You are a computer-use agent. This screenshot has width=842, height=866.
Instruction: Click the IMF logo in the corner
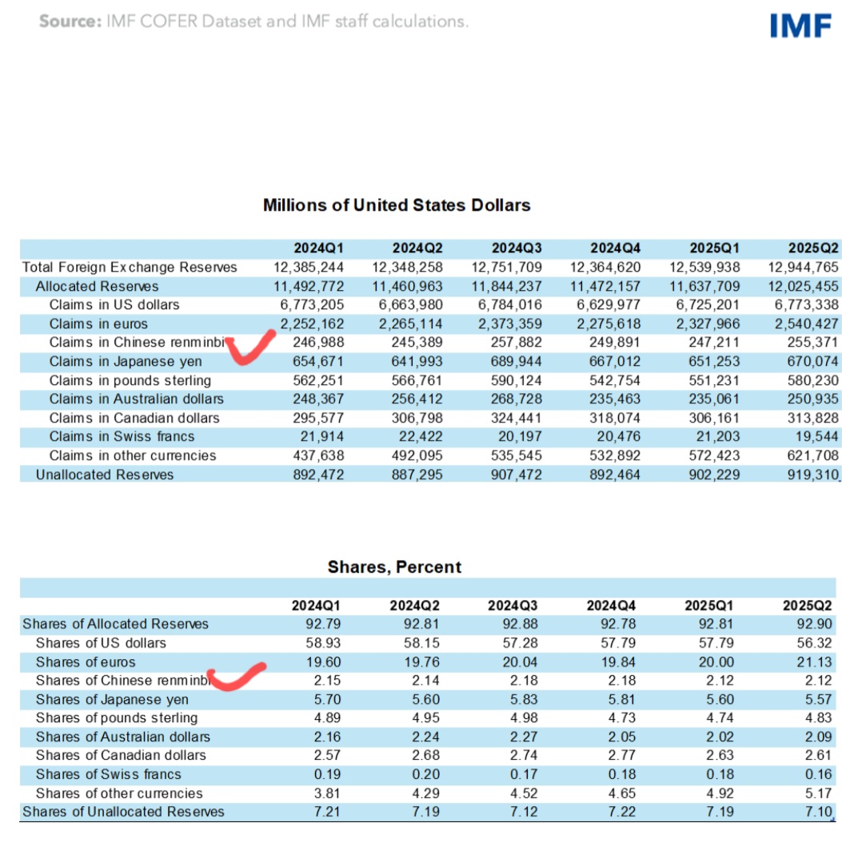point(800,26)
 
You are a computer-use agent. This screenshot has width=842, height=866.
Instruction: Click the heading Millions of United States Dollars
point(397,205)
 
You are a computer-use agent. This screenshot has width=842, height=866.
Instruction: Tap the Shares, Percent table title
point(394,567)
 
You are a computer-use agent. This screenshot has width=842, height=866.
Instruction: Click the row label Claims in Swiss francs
point(122,437)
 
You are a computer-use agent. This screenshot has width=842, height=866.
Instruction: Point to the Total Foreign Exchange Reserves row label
point(130,268)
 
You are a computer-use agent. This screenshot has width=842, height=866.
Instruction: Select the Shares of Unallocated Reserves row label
point(123,812)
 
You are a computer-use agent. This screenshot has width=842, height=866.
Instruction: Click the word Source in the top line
point(69,22)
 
